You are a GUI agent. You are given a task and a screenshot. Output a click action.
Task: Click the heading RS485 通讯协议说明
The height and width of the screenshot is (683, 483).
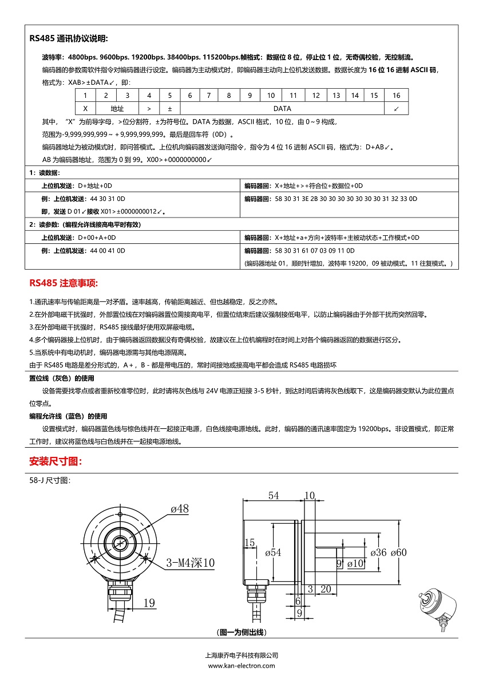[69, 39]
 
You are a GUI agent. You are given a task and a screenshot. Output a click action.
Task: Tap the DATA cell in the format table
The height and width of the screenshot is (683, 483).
[282, 108]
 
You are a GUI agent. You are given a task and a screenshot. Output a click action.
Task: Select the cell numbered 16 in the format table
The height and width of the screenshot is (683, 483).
[396, 95]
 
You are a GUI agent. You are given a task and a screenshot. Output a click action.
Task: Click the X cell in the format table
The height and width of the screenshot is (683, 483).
[85, 108]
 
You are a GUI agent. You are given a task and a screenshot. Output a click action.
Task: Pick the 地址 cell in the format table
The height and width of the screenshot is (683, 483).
[117, 108]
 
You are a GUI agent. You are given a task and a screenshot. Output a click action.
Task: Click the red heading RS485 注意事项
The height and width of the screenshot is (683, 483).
[64, 283]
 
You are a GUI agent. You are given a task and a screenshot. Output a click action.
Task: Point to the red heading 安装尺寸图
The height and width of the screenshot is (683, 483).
[56, 461]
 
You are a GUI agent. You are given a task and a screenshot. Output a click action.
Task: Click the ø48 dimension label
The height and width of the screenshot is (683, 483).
[179, 508]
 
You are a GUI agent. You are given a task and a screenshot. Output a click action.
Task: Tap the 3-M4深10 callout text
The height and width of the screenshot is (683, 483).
[191, 563]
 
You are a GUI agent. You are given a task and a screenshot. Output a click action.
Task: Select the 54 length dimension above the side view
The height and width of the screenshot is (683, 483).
[274, 496]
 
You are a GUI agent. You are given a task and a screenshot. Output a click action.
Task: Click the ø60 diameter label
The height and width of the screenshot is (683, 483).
[398, 552]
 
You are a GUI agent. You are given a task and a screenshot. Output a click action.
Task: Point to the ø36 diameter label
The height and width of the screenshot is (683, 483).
[378, 552]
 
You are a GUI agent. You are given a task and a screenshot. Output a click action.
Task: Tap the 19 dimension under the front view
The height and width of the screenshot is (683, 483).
[149, 602]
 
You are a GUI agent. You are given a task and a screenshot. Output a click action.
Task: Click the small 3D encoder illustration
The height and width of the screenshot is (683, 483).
[437, 611]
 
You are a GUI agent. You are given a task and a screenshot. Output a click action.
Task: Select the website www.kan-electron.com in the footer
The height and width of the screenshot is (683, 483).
[241, 665]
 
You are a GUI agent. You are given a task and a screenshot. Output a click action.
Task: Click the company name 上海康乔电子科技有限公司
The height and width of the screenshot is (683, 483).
[241, 656]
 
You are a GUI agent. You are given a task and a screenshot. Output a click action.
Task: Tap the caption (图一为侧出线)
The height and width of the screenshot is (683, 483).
[242, 632]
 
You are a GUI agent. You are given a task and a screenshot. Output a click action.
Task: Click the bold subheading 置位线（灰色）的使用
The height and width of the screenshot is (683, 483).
[62, 378]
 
